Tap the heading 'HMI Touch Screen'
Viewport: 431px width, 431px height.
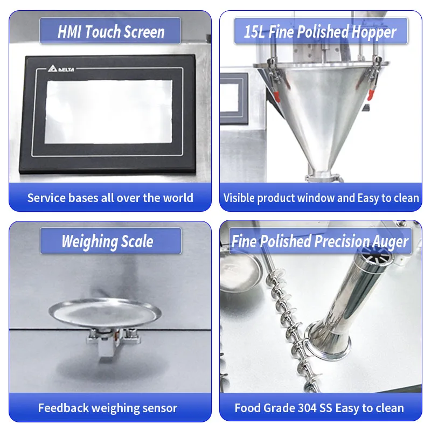coord(111,32)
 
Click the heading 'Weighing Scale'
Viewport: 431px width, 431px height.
coord(107,241)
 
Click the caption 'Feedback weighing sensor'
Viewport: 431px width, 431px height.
coord(108,408)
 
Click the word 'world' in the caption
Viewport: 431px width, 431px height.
coord(178,198)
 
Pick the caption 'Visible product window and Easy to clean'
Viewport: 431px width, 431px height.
coord(321,198)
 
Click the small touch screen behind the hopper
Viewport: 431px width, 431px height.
coord(234,95)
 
